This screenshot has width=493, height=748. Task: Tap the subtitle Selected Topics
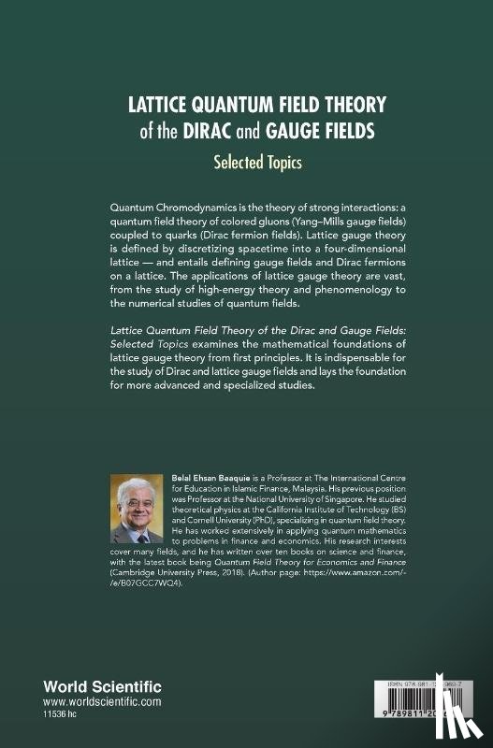tap(246, 162)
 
